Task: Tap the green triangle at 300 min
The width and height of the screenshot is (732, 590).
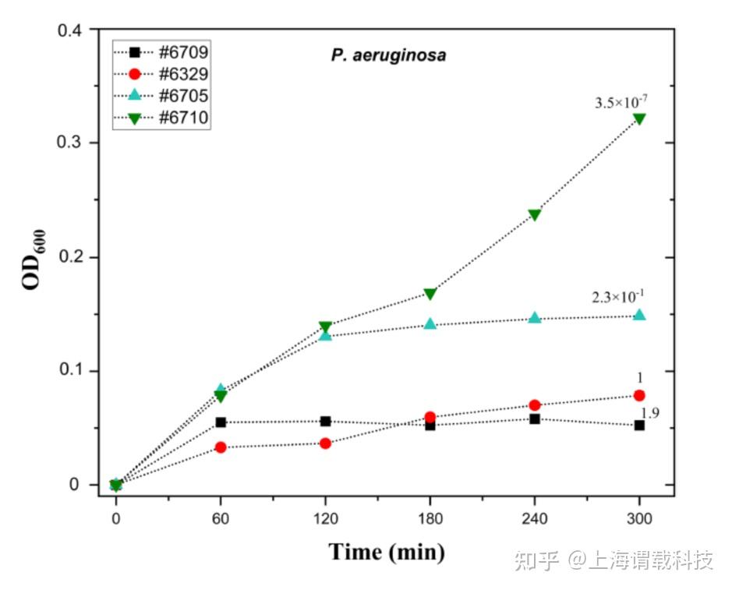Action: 639,118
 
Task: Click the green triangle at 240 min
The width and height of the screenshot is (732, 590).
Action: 535,214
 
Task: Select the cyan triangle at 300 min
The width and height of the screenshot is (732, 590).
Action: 639,315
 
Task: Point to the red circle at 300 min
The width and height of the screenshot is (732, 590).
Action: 639,395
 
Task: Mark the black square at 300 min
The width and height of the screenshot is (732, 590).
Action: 639,426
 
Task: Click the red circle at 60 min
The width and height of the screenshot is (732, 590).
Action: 221,447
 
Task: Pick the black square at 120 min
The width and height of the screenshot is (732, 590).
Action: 326,422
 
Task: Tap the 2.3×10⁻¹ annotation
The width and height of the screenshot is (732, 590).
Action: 619,296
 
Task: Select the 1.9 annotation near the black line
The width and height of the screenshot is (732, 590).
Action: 650,413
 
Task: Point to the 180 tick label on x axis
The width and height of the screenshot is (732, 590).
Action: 430,518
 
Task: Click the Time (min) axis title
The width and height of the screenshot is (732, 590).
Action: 387,552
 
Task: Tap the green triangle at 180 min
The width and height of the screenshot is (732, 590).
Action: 430,294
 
